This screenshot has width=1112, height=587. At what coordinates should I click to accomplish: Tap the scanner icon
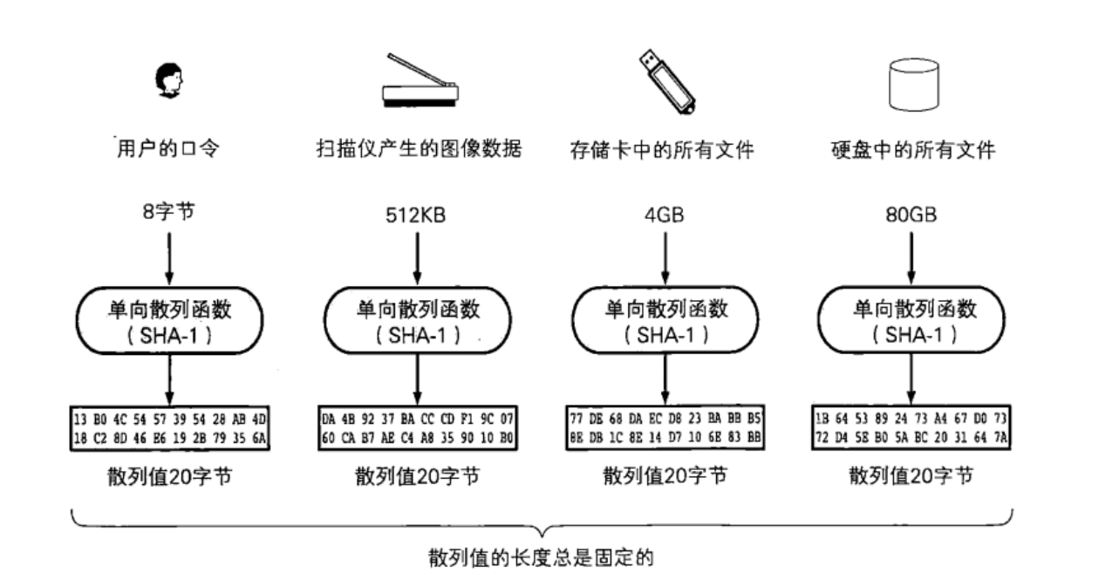tap(420, 82)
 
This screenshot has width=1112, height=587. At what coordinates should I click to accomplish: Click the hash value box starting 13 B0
tap(170, 427)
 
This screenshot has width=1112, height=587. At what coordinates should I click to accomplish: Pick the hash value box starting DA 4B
tap(418, 427)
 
